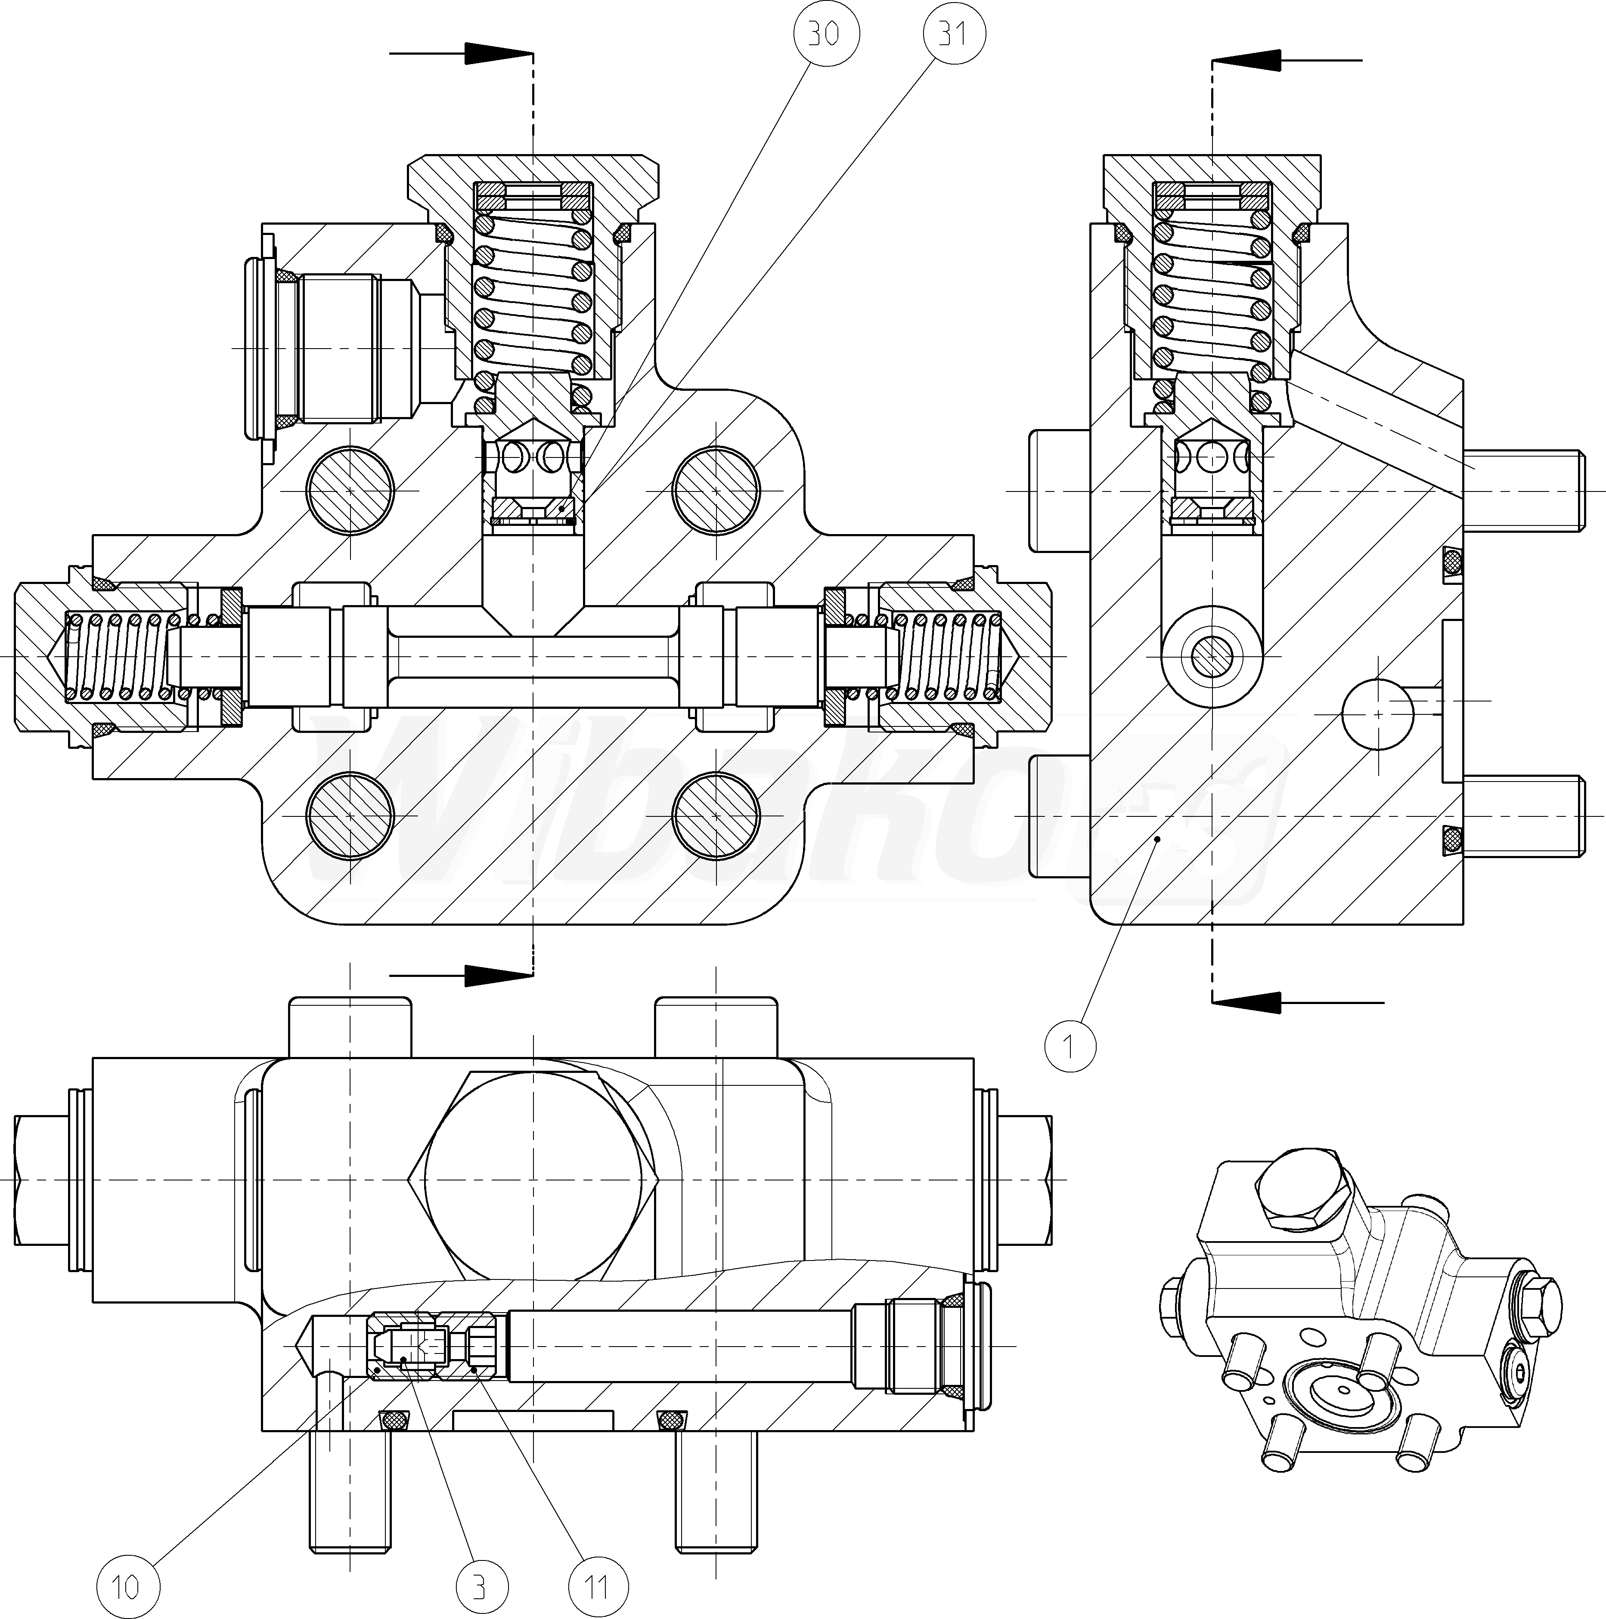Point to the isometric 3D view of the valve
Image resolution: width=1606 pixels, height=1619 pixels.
tap(1362, 1324)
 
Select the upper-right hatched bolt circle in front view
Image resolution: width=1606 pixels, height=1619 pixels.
tap(716, 489)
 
